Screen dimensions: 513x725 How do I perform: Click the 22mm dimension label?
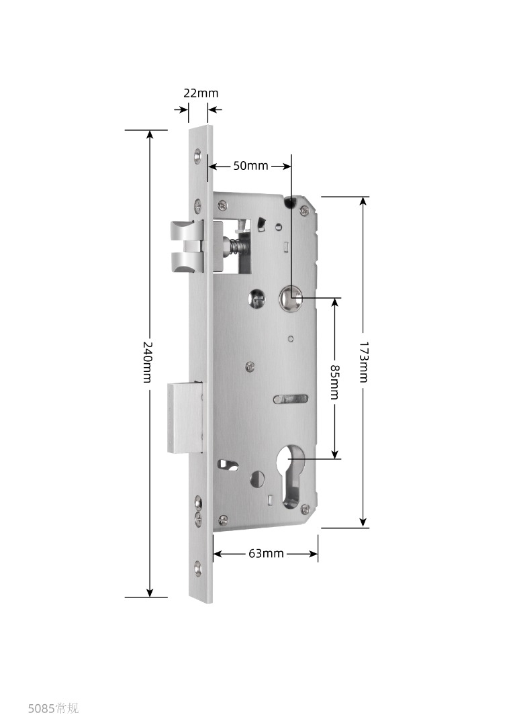201,93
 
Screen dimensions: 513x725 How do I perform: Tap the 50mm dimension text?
250,166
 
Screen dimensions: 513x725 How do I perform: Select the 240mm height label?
146,362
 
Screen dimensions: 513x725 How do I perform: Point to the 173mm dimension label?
363,362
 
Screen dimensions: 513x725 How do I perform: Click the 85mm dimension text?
334,382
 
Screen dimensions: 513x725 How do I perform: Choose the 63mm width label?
266,553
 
